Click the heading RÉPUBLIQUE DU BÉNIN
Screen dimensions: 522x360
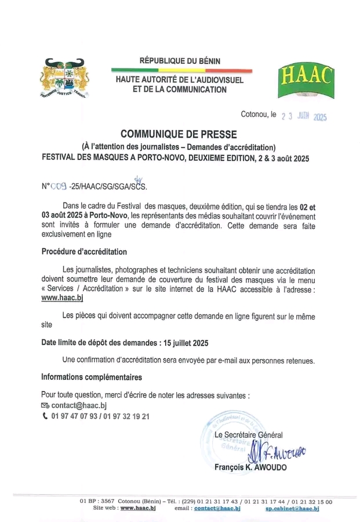click(x=180, y=61)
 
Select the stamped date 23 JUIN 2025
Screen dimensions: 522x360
click(x=304, y=116)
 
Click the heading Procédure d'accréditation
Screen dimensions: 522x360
click(x=84, y=252)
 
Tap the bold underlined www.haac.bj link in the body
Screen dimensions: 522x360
click(x=63, y=298)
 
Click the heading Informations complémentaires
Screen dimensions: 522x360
click(x=92, y=377)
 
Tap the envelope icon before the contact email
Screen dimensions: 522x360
click(x=45, y=405)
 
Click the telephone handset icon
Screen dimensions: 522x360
click(x=45, y=416)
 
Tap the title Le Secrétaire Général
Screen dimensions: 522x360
click(x=249, y=435)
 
